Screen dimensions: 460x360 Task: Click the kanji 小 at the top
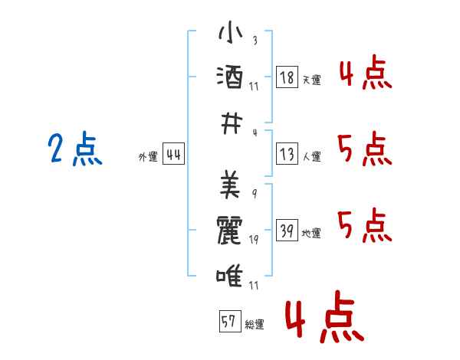[x=230, y=31]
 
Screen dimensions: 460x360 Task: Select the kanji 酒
[x=230, y=77]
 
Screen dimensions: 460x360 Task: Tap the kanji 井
[x=232, y=123]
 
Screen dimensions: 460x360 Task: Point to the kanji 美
[x=230, y=185]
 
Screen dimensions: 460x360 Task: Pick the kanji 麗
[x=229, y=230]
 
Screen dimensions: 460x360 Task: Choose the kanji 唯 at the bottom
[x=229, y=275]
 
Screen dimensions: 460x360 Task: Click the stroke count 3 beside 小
[x=255, y=40]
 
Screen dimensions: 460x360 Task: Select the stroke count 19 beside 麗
[x=254, y=240]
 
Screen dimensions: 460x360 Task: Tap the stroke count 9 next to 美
[x=255, y=194]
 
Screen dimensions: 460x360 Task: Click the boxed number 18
[x=287, y=77]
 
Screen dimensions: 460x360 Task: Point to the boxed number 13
[x=287, y=154]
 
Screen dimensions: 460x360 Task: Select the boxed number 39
[x=287, y=230]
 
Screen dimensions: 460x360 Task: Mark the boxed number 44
[x=173, y=154]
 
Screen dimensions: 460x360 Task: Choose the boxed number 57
[x=230, y=321]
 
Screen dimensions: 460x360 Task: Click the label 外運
[x=148, y=157]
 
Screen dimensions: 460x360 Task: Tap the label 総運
[x=255, y=325]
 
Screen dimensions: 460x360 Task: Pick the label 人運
[x=312, y=156]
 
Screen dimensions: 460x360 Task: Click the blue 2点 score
[x=75, y=148]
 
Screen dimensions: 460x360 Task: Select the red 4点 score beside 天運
[x=366, y=72]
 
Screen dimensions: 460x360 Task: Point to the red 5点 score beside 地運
[x=365, y=225]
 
